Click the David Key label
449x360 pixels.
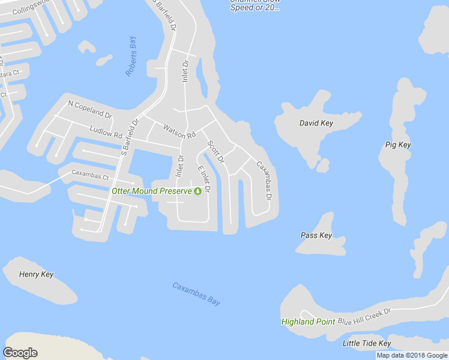tap(316, 124)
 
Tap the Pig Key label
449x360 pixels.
tap(397, 145)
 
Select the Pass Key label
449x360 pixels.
tap(316, 236)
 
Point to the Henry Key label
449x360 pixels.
tap(36, 275)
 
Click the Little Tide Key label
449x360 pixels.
tap(366, 344)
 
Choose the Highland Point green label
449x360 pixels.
tap(308, 322)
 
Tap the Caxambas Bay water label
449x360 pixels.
tap(196, 294)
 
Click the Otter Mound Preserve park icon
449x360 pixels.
tap(197, 191)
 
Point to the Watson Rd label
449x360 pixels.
tap(179, 131)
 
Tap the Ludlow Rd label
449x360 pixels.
tap(105, 132)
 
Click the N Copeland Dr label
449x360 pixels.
tap(90, 109)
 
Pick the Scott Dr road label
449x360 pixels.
tap(215, 152)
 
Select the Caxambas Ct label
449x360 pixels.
tap(90, 177)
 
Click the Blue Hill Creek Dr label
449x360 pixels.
tap(364, 316)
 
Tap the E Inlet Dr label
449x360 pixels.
tap(204, 179)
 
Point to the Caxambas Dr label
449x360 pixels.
tap(265, 181)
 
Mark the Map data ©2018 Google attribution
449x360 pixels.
tap(412, 355)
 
